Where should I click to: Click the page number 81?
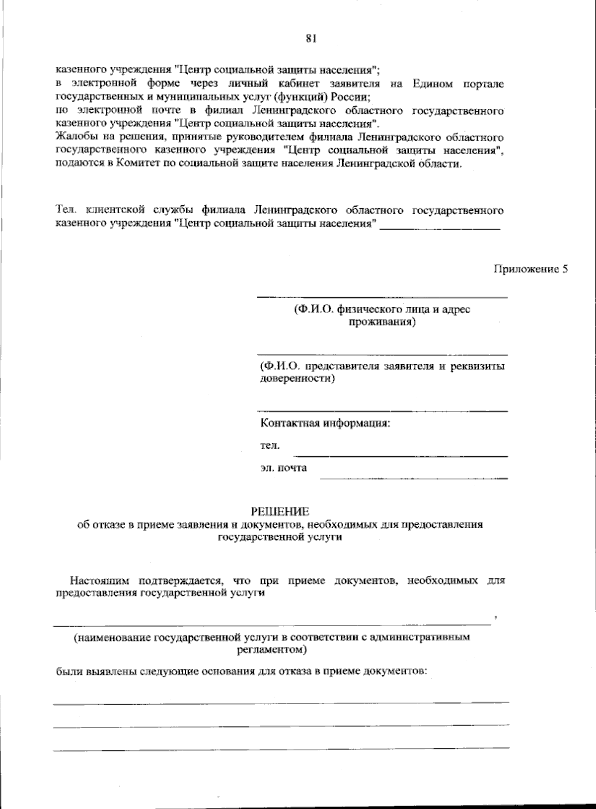coord(311,39)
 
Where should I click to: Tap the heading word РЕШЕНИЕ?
coord(280,511)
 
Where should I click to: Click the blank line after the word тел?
coord(401,455)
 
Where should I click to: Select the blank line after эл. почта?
coord(414,478)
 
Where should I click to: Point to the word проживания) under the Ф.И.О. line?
coord(381,322)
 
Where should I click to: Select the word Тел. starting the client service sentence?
coord(65,210)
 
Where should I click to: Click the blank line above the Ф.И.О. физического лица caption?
coord(381,297)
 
